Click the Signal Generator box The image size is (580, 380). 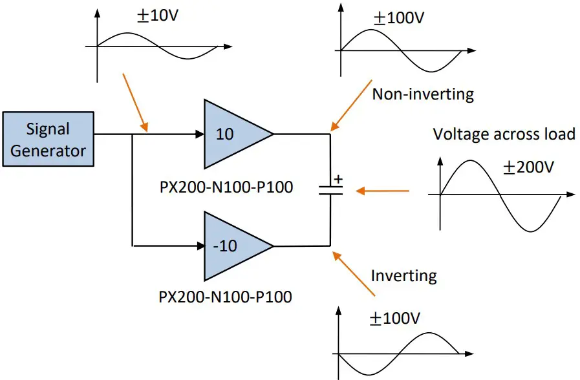[x=48, y=140]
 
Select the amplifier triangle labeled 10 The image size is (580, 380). [x=233, y=134]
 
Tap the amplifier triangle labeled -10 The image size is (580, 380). [x=233, y=246]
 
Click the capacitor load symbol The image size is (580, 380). [x=330, y=190]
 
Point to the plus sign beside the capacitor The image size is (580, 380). [x=338, y=179]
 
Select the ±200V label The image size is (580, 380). [x=529, y=167]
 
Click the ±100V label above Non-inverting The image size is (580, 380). [x=398, y=17]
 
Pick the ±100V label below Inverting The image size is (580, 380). [x=394, y=319]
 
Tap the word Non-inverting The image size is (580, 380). [x=423, y=94]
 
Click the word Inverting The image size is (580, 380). [x=403, y=276]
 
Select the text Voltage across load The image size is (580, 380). [x=504, y=134]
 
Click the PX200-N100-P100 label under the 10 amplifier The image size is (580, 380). [x=226, y=187]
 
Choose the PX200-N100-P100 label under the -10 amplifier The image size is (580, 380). [x=225, y=297]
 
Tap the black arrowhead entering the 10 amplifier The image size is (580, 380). [x=198, y=134]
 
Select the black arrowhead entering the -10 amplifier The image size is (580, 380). [x=198, y=246]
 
